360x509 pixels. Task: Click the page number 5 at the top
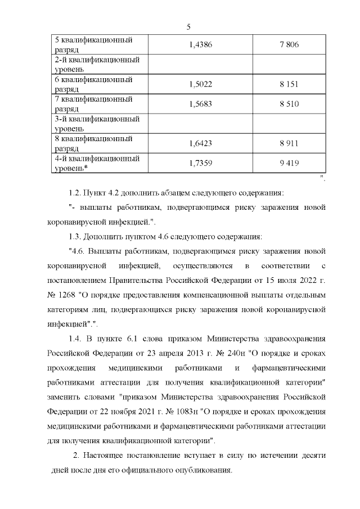coord(188,26)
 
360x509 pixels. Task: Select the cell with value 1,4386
coord(201,45)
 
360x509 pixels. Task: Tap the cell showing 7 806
coord(288,45)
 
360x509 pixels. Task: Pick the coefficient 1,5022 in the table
coord(201,84)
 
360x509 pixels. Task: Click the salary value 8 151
coord(288,84)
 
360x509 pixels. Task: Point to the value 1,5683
coord(201,104)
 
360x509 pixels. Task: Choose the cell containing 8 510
coord(288,104)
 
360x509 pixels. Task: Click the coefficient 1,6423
coord(201,143)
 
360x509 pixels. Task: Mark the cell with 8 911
coord(288,143)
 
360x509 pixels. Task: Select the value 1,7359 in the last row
coord(201,163)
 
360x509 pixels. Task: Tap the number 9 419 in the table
coord(288,163)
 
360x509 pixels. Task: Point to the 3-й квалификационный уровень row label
coord(96,124)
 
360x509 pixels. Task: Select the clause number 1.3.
coord(75,236)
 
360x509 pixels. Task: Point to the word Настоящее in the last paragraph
coord(106,456)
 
